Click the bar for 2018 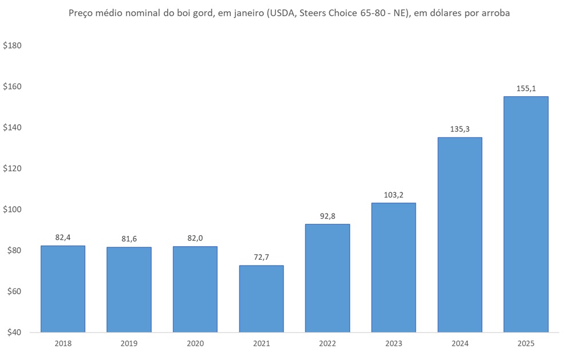[x=63, y=289]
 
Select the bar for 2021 [x=261, y=299]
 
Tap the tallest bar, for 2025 [x=526, y=214]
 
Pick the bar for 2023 [x=393, y=267]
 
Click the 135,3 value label [x=460, y=129]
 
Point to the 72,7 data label [x=261, y=258]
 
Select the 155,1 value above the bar [x=526, y=89]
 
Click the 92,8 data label [x=328, y=216]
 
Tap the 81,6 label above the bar [x=129, y=239]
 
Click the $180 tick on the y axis [x=12, y=46]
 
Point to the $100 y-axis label [x=12, y=209]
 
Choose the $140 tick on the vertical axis [x=12, y=128]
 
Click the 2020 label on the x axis [x=195, y=343]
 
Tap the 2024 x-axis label [x=460, y=343]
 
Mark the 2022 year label [x=328, y=343]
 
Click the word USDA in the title [x=278, y=13]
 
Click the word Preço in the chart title [x=81, y=13]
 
